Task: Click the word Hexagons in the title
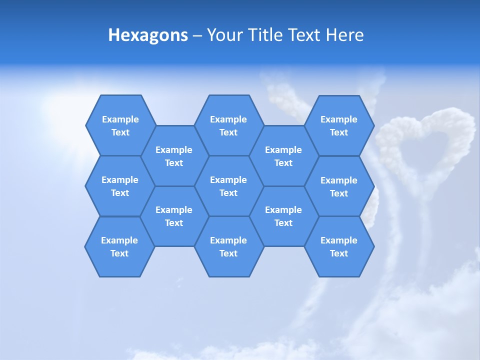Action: pos(148,35)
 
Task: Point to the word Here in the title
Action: pos(344,35)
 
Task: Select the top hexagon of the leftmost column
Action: pos(120,125)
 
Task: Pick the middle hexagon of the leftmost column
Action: pos(120,186)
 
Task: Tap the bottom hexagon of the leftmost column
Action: pos(119,246)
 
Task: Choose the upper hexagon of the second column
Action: pos(174,156)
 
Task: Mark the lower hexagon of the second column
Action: pos(174,216)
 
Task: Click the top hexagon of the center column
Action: pos(228,125)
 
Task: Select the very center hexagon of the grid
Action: pos(228,186)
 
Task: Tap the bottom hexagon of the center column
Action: pos(228,246)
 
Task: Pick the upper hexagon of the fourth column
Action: pos(283,156)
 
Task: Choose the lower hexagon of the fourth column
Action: pos(283,216)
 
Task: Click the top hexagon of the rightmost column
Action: pos(339,125)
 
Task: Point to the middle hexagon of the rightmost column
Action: pos(339,186)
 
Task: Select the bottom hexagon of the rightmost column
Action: pos(339,246)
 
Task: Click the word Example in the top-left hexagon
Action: pos(120,119)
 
